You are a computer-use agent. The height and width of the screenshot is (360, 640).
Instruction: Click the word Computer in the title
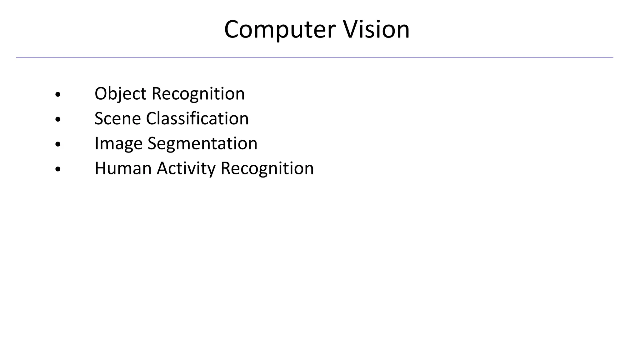pyautogui.click(x=280, y=30)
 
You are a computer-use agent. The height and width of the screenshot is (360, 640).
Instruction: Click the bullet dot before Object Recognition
pyautogui.click(x=57, y=94)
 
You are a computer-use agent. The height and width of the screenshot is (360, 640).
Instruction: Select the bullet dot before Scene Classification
pyautogui.click(x=57, y=119)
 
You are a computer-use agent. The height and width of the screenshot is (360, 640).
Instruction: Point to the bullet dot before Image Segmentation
pyautogui.click(x=57, y=144)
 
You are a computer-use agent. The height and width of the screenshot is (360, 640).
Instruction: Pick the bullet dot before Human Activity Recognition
pyautogui.click(x=57, y=169)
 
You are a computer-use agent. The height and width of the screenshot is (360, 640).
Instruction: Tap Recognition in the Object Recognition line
pyautogui.click(x=198, y=94)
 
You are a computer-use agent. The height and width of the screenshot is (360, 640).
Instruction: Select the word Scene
pyautogui.click(x=117, y=119)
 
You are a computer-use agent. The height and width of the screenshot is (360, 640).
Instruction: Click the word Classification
pyautogui.click(x=197, y=119)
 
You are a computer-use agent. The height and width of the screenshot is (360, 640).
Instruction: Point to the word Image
pyautogui.click(x=118, y=144)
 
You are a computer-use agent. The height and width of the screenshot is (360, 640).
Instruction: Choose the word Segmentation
pyautogui.click(x=202, y=144)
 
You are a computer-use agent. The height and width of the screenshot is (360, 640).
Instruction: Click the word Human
pyautogui.click(x=123, y=168)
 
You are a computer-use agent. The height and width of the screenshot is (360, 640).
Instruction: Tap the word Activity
pyautogui.click(x=186, y=168)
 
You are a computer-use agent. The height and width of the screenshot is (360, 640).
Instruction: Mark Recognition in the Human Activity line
pyautogui.click(x=267, y=168)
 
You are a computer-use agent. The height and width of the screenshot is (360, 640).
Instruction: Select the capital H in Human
pyautogui.click(x=100, y=168)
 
